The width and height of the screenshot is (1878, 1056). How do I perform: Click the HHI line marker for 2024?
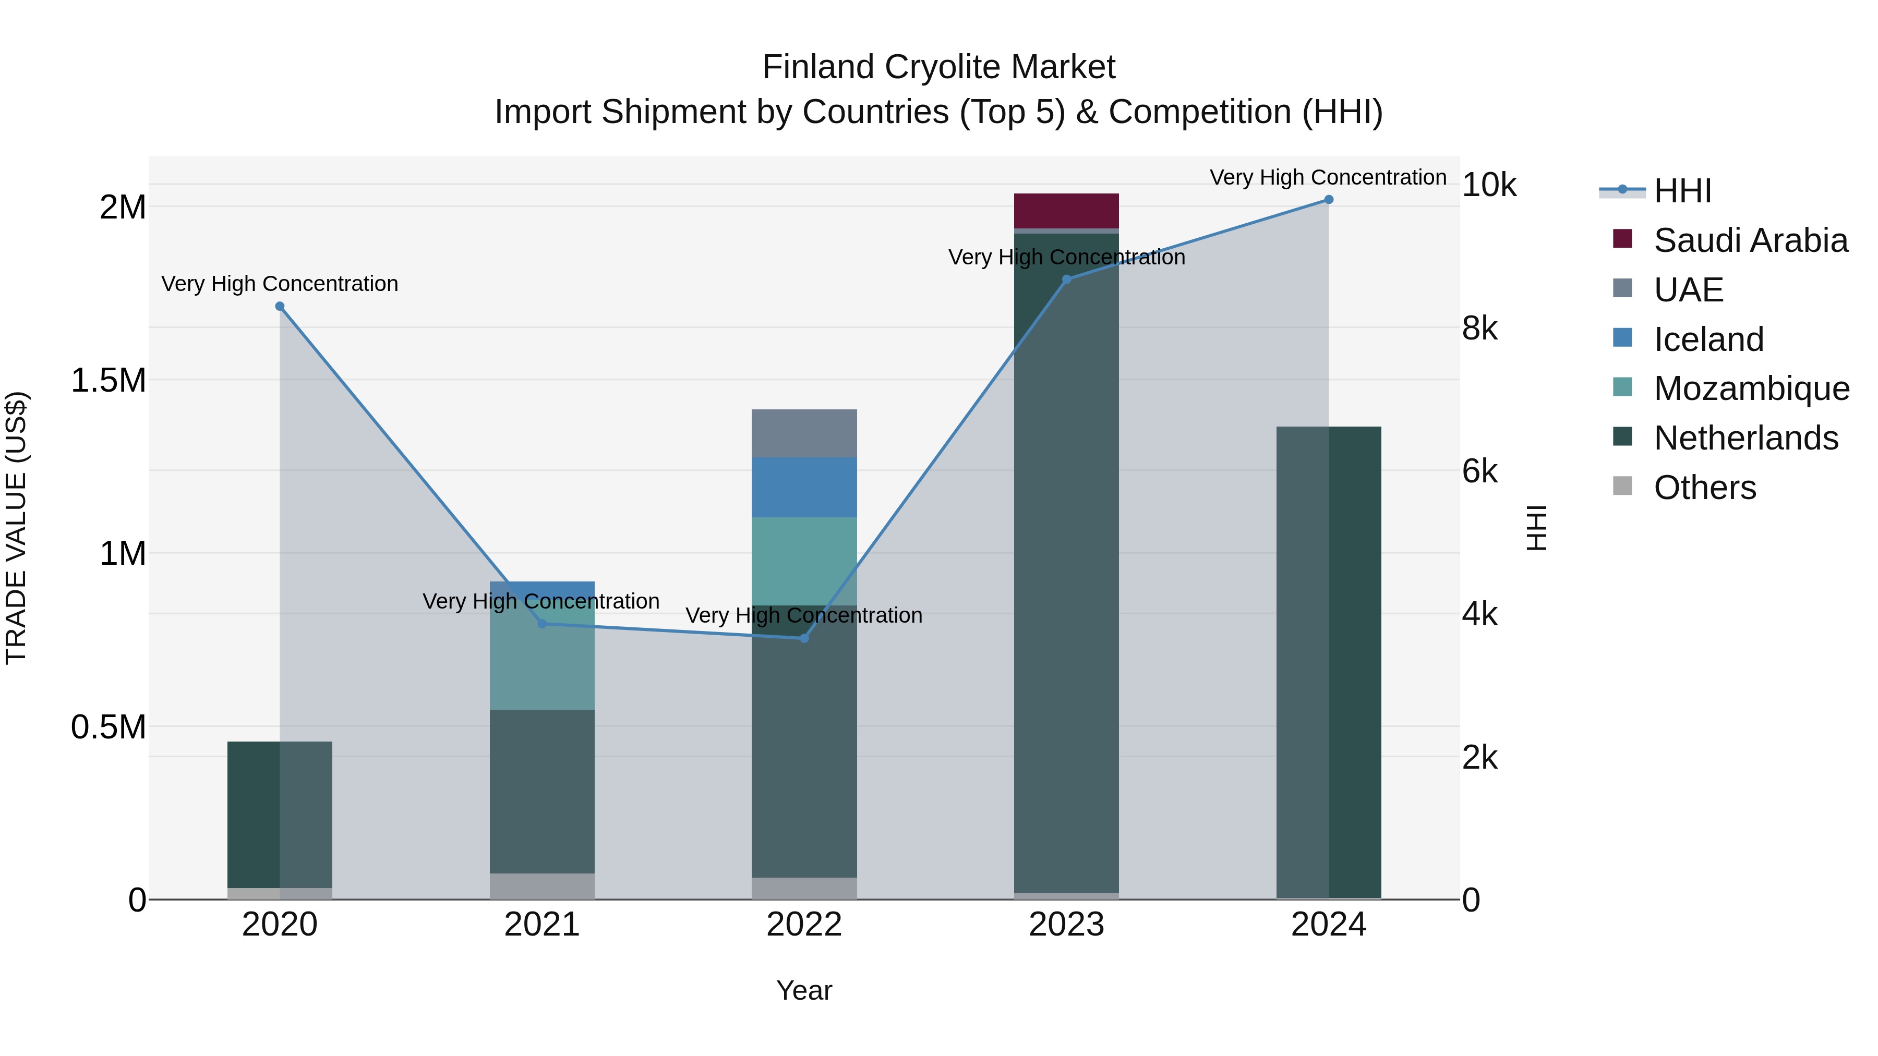(x=1328, y=200)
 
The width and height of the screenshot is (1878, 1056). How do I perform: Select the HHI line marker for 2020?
(x=280, y=307)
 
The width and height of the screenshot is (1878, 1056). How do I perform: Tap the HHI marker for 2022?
(x=804, y=638)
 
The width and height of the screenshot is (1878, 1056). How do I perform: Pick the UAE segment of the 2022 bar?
(x=804, y=434)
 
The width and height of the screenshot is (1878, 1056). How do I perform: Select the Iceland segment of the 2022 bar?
(x=804, y=488)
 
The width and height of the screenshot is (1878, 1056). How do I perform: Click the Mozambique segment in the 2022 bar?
(x=804, y=561)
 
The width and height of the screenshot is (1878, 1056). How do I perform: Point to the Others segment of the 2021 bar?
(x=541, y=886)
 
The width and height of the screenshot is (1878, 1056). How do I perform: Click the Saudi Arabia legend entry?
(x=1750, y=240)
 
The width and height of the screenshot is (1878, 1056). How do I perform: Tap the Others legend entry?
(x=1704, y=488)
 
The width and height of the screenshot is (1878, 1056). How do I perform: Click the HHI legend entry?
(x=1682, y=191)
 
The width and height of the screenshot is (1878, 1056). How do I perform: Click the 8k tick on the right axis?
(x=1480, y=329)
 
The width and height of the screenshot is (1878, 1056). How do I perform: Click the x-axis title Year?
(x=804, y=990)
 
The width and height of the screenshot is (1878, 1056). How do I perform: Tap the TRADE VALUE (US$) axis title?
(x=16, y=528)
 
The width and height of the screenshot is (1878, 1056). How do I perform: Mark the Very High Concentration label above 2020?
(x=280, y=284)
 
